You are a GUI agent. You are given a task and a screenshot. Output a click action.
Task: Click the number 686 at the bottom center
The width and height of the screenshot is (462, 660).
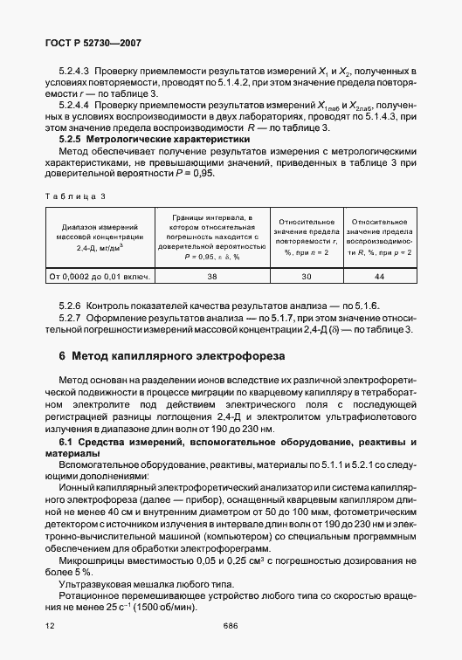(231, 625)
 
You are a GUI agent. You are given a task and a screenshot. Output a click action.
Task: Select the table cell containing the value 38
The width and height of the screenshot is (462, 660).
(211, 276)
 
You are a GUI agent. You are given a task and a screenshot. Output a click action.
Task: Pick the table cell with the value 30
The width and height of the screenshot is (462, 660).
(305, 276)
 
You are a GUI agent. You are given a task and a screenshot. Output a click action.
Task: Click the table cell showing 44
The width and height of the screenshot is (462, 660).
(378, 276)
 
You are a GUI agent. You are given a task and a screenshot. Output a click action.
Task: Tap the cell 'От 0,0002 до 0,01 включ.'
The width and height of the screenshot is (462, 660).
(100, 276)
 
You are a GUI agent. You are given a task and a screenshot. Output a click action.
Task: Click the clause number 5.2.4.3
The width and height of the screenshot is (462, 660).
(73, 70)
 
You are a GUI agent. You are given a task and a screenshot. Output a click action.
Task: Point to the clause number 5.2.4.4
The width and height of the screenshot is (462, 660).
(73, 105)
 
